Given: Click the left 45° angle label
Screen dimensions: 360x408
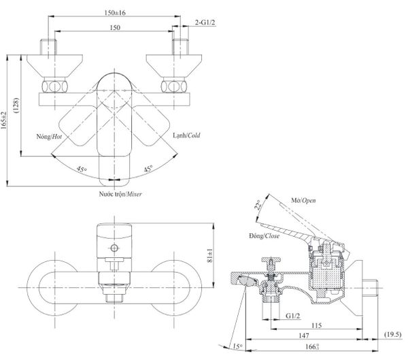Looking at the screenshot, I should [x=82, y=168].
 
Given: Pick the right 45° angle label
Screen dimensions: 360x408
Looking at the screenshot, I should [x=147, y=168].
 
